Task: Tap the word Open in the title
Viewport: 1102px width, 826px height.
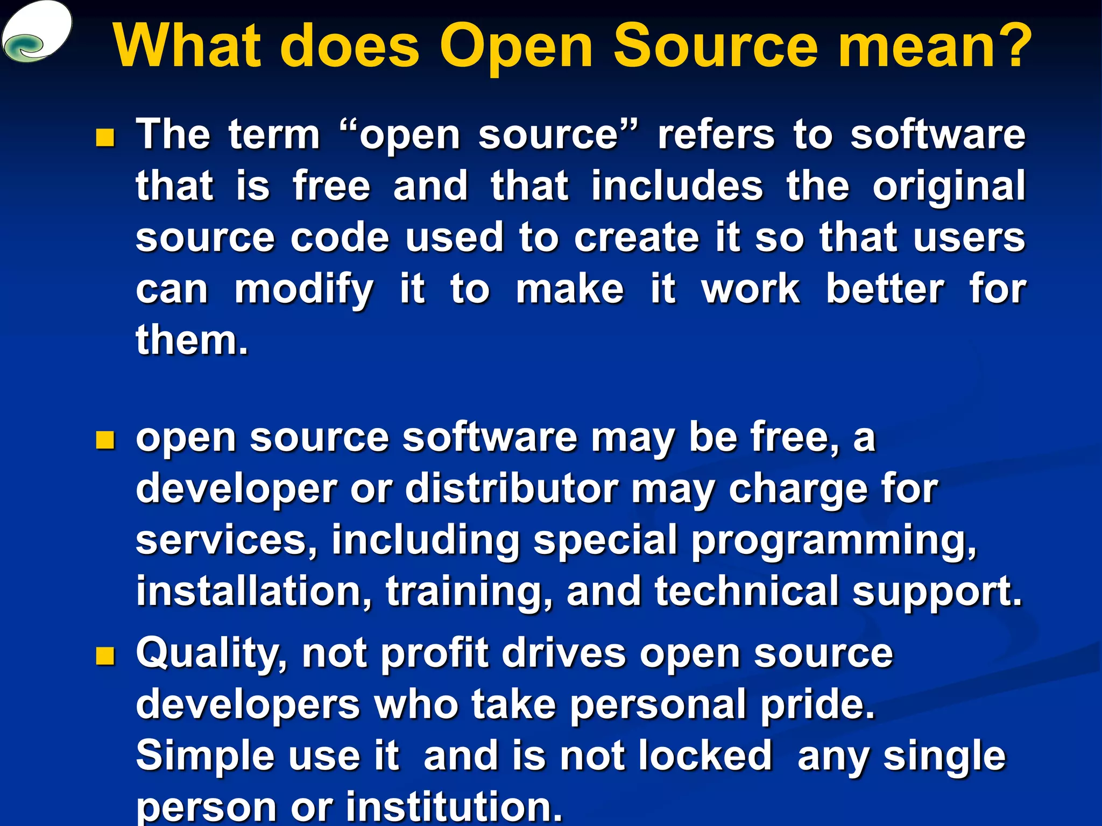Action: [517, 47]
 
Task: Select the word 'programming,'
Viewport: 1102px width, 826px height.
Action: [833, 541]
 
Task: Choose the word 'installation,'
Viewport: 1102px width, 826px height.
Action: [253, 591]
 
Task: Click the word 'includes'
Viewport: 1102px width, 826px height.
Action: [677, 186]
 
